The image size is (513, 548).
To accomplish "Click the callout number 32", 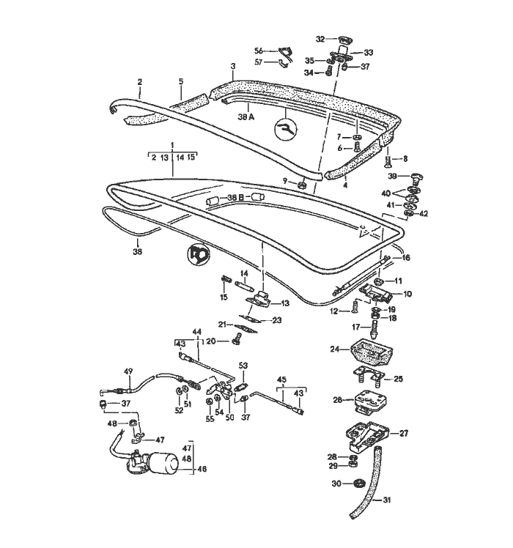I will (320, 39).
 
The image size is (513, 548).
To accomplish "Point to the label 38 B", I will (235, 198).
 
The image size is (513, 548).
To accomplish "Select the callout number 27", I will (404, 433).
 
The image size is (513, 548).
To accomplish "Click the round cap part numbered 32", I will (342, 39).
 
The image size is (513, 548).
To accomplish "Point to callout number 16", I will (406, 258).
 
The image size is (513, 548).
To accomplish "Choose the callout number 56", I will (258, 51).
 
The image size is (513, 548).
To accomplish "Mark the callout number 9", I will (285, 181).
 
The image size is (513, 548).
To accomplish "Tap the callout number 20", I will (210, 341).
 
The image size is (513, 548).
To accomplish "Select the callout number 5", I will (180, 81).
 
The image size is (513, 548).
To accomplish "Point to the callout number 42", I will (423, 213).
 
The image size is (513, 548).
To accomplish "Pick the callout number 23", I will (276, 320).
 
